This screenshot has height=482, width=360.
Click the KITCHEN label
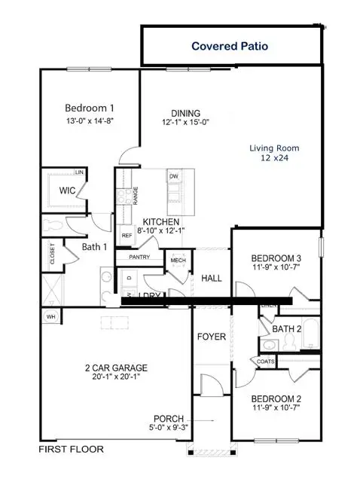(x=161, y=221)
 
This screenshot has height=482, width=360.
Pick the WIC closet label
(x=70, y=191)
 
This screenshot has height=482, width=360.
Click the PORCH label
(x=169, y=419)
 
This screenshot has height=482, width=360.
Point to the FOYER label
(x=212, y=337)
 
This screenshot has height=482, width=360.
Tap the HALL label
(x=212, y=278)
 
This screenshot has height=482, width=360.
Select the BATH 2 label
(x=287, y=328)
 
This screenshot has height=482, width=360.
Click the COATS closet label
(x=265, y=361)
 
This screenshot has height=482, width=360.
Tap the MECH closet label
(x=178, y=261)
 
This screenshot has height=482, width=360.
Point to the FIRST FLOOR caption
(x=71, y=450)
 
